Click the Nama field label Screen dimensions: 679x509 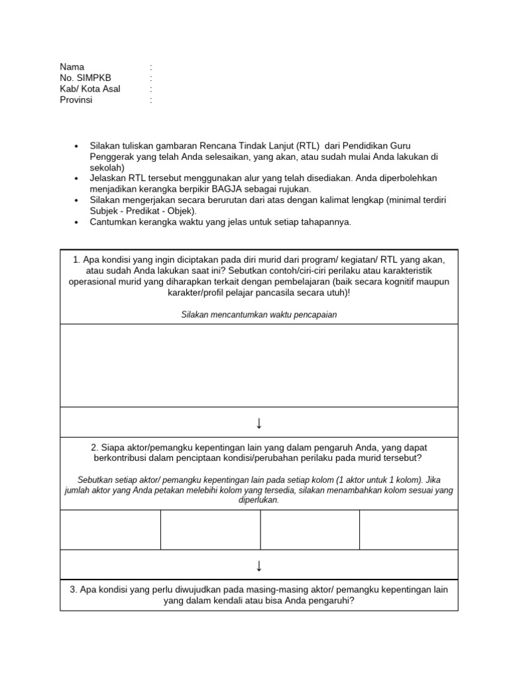point(72,67)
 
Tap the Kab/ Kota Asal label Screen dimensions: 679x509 point(90,89)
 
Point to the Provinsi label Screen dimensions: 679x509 point(76,100)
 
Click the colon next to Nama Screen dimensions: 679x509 point(151,67)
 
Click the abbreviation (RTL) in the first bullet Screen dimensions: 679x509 point(308,145)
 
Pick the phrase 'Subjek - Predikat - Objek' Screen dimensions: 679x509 point(141,211)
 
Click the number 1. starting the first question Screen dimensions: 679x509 point(77,259)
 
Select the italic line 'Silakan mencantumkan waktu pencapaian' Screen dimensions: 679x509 point(258,315)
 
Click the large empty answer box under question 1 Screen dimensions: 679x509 point(258,365)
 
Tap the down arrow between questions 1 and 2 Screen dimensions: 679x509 point(258,423)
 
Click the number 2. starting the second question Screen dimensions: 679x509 point(95,448)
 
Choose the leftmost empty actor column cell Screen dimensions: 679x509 point(110,530)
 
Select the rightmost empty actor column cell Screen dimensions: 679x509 point(408,530)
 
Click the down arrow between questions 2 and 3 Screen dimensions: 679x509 point(258,565)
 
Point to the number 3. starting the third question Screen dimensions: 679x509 point(73,589)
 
